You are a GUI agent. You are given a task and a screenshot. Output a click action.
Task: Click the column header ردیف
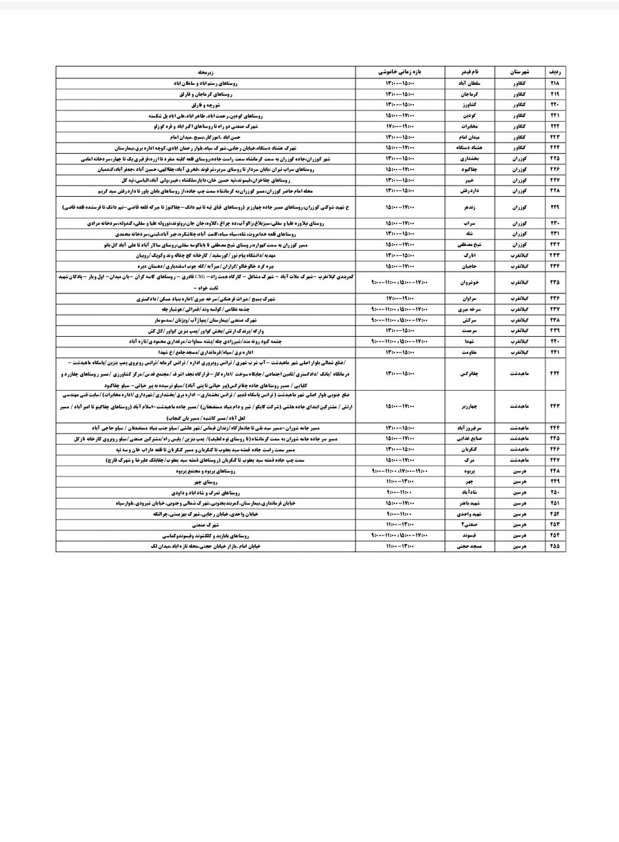click(x=554, y=71)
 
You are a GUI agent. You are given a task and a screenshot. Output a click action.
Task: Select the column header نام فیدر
click(x=469, y=71)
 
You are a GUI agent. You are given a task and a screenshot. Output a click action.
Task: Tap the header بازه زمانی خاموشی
click(x=400, y=71)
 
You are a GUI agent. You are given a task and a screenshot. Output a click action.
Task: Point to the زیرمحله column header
click(x=205, y=71)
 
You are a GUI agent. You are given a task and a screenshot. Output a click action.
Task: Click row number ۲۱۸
click(x=554, y=84)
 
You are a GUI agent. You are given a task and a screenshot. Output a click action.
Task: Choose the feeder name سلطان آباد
click(x=469, y=84)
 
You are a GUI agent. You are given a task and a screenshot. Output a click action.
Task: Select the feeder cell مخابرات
click(x=469, y=126)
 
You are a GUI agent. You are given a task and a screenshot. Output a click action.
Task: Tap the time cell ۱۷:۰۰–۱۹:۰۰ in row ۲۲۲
click(x=400, y=126)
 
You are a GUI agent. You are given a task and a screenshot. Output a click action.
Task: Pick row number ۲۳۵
click(x=554, y=282)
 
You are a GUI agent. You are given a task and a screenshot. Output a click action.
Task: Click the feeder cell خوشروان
click(x=469, y=282)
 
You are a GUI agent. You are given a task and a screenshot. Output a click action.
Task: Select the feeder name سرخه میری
click(x=469, y=309)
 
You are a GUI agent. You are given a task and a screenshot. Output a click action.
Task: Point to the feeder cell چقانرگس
click(x=469, y=374)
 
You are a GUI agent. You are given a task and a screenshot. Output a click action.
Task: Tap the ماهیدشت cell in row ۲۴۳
click(x=519, y=407)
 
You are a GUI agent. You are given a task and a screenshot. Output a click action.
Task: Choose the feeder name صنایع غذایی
click(x=469, y=439)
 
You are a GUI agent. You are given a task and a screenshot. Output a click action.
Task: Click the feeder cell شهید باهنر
click(x=469, y=503)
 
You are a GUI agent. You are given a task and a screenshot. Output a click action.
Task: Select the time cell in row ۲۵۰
click(x=400, y=493)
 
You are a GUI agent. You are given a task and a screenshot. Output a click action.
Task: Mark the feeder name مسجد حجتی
click(x=469, y=546)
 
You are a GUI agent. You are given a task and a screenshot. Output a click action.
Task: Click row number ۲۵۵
click(x=554, y=546)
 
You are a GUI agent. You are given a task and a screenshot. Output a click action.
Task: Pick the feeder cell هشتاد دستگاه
click(x=469, y=148)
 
